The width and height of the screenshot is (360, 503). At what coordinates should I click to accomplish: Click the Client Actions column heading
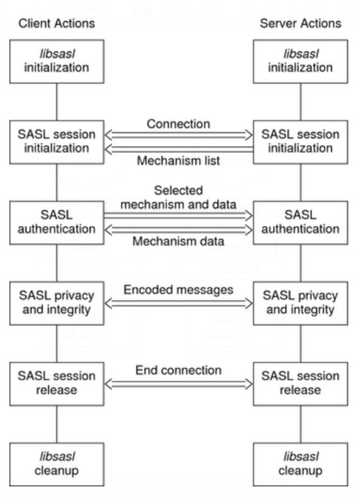click(57, 24)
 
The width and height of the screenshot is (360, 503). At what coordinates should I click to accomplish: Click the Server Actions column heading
click(301, 24)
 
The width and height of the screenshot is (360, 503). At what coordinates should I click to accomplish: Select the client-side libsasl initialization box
click(57, 61)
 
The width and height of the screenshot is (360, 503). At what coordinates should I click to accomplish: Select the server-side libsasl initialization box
click(301, 61)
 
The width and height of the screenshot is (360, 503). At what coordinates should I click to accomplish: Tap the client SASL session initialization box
click(57, 142)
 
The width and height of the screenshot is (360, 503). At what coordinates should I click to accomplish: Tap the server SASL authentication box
click(301, 223)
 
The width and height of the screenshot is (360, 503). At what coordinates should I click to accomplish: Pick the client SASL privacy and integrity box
click(57, 303)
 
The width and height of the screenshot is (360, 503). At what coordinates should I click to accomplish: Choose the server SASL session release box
click(301, 384)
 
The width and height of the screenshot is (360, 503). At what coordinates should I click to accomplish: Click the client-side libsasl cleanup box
click(57, 464)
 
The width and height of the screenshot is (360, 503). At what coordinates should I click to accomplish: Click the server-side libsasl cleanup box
click(301, 464)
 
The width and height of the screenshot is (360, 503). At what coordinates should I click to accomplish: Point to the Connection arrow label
click(178, 123)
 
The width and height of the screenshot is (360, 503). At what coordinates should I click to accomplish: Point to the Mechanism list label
click(178, 160)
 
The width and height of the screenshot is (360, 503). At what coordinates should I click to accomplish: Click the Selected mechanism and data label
click(178, 197)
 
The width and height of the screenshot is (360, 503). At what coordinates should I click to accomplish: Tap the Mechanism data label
click(178, 241)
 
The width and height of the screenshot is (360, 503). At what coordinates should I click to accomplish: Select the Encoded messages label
click(178, 290)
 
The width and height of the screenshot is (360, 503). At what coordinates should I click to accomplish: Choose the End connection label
click(178, 370)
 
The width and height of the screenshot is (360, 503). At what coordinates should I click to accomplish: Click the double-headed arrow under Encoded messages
click(179, 303)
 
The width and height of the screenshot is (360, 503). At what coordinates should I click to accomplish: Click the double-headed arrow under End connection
click(179, 384)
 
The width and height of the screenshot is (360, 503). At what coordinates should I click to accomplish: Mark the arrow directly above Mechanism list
click(179, 149)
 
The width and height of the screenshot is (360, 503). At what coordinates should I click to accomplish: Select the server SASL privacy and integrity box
click(301, 303)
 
